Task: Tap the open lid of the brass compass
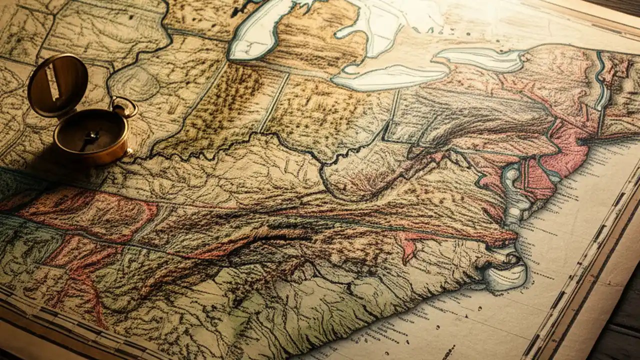[x=57, y=85]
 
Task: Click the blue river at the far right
[x=600, y=80]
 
